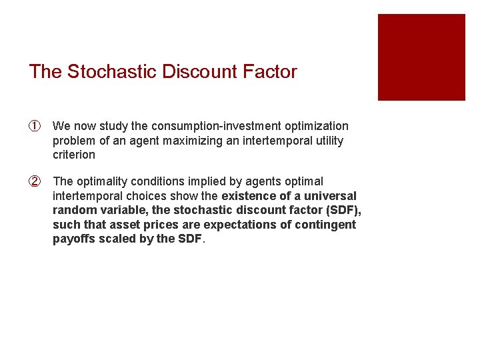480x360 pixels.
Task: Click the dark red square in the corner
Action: click(421, 57)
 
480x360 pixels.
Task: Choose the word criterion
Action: click(74, 155)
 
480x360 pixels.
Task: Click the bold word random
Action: click(73, 211)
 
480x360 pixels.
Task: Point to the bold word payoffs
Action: click(73, 239)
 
